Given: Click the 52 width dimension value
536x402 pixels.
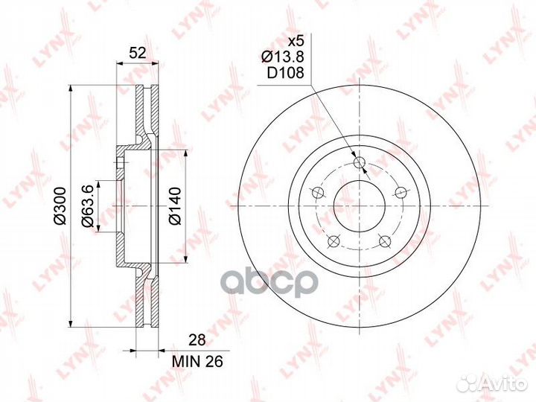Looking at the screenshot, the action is [x=138, y=53].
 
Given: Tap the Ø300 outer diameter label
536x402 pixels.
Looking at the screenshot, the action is [x=60, y=206].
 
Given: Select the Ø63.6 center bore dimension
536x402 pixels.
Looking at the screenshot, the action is [x=87, y=205].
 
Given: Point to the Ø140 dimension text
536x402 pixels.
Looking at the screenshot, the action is [x=175, y=206].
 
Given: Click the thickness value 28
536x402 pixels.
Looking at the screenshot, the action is [x=197, y=340].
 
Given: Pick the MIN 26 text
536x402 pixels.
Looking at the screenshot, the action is [x=197, y=361].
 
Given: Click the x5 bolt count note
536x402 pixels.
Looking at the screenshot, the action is [x=296, y=42].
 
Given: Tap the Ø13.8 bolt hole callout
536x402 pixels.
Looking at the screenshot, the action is [x=282, y=57].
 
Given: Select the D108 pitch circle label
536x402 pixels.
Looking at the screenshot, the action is [x=285, y=72].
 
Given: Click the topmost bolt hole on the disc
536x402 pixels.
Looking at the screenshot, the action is [x=360, y=162].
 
